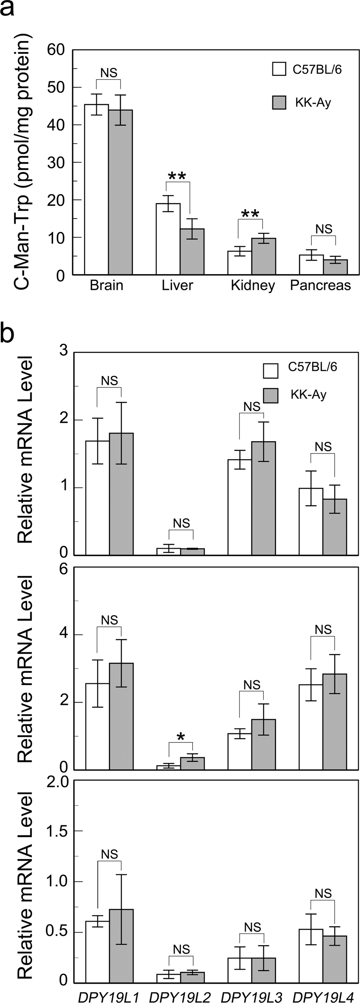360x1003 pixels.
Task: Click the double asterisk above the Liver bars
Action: click(x=177, y=176)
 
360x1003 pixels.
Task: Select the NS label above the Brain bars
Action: click(x=109, y=73)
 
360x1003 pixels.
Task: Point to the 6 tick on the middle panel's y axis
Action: click(x=64, y=568)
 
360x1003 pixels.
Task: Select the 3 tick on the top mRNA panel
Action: click(x=64, y=352)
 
